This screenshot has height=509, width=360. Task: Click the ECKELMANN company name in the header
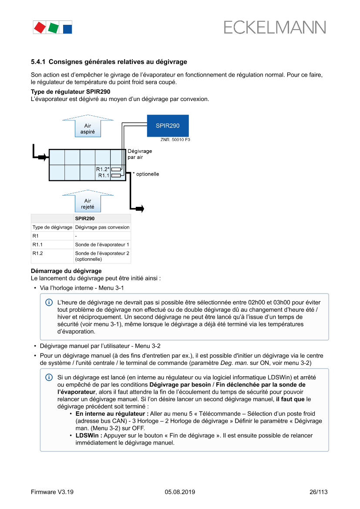point(275,27)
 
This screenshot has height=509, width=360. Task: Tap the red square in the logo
point(40,27)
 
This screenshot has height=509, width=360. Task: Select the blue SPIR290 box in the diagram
point(168,126)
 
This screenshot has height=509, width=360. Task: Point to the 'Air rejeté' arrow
point(88,201)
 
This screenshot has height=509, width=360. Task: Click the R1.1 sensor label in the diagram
point(104,175)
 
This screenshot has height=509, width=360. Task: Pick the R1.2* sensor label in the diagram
point(103,169)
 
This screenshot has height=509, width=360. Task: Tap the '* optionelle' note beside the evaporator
point(146,174)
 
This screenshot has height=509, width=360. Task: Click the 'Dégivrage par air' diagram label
point(137,154)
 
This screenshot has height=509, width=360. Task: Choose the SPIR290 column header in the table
point(85,219)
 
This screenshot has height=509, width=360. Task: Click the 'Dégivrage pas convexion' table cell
point(102,227)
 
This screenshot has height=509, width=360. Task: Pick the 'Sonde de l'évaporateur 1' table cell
point(102,245)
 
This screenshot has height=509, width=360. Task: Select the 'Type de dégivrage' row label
point(52,227)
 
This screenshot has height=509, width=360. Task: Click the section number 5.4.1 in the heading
point(38,62)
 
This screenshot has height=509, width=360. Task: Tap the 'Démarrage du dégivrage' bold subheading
point(66,271)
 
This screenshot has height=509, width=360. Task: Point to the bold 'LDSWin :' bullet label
point(89,435)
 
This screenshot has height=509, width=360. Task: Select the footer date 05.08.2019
point(180,492)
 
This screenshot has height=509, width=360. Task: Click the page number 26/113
point(318,492)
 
